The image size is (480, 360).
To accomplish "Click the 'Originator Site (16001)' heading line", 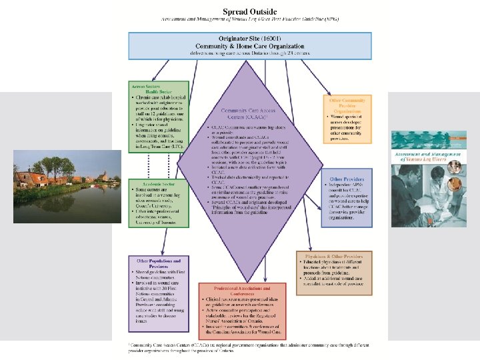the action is pyautogui.click(x=241, y=40).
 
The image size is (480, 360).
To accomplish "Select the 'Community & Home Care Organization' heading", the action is pyautogui.click(x=241, y=47).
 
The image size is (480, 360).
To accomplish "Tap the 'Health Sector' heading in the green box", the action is pyautogui.click(x=159, y=91).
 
